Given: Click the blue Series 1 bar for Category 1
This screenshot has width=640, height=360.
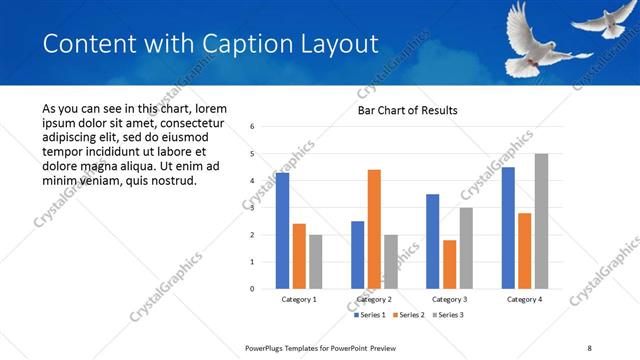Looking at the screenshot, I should [x=282, y=231].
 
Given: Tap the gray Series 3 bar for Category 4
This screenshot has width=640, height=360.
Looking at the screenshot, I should [x=541, y=221].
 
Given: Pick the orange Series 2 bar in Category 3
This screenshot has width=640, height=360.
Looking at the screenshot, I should [x=449, y=264].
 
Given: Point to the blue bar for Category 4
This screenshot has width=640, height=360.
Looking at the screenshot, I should [x=508, y=228].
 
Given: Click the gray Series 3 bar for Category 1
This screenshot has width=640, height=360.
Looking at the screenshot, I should [x=316, y=262].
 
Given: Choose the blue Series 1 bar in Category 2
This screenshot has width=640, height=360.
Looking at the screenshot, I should [x=357, y=255].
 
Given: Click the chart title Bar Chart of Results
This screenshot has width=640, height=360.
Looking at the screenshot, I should [x=407, y=110].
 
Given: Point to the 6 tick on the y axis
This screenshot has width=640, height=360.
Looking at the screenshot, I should [x=252, y=127].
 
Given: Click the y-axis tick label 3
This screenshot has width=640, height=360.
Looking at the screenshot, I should [x=252, y=208].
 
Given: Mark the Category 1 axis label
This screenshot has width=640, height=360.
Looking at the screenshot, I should [x=299, y=299].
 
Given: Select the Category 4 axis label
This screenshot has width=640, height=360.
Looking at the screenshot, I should [x=524, y=299].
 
